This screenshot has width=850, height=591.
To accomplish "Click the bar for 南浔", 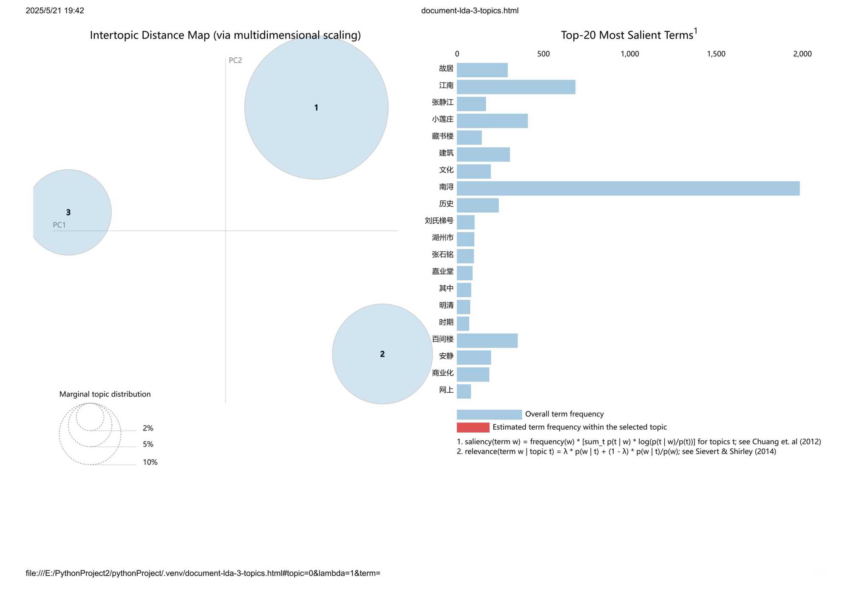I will pyautogui.click(x=628, y=189).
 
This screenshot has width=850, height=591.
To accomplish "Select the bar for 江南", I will pyautogui.click(x=516, y=87).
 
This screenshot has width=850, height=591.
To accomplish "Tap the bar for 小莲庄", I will pyautogui.click(x=492, y=121).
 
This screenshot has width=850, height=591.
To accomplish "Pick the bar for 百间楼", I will pyautogui.click(x=487, y=341).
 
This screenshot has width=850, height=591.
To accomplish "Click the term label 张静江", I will pyautogui.click(x=442, y=102).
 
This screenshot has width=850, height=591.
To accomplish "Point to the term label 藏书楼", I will pyautogui.click(x=442, y=136).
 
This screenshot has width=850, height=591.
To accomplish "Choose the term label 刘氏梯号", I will pyautogui.click(x=439, y=221).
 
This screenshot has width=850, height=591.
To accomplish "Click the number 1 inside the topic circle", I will pyautogui.click(x=316, y=108).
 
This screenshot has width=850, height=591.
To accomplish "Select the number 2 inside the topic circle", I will pyautogui.click(x=382, y=354).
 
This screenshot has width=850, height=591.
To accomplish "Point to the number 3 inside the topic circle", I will pyautogui.click(x=68, y=212).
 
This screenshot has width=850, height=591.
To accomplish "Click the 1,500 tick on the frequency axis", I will pyautogui.click(x=716, y=54).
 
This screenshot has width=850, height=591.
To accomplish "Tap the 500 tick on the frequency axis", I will pyautogui.click(x=543, y=54).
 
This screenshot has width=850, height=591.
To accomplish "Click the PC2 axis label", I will pyautogui.click(x=235, y=60).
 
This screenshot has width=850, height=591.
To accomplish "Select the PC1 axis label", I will pyautogui.click(x=59, y=225).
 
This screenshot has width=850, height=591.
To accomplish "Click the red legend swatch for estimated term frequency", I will pyautogui.click(x=473, y=427).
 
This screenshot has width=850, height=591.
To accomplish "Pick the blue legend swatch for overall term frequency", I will pyautogui.click(x=489, y=414).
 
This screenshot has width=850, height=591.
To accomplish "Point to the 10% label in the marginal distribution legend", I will pyautogui.click(x=150, y=462).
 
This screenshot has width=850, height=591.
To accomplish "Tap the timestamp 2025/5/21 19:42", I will pyautogui.click(x=55, y=11).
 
